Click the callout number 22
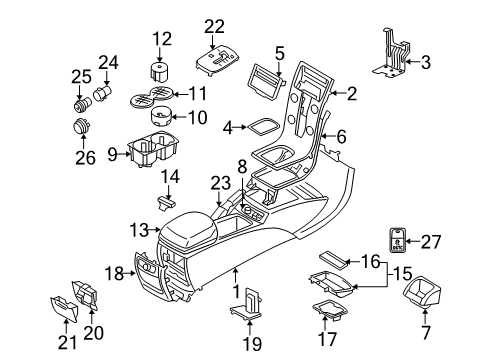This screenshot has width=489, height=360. [x=214, y=26]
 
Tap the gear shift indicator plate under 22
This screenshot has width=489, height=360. [x=218, y=61]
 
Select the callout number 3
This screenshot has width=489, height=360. [x=426, y=62]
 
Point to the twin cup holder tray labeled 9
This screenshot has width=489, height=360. [x=154, y=149]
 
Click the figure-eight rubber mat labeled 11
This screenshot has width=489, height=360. [x=152, y=96]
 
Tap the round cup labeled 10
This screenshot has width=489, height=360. [x=161, y=116]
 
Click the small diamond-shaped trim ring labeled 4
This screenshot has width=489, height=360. [x=263, y=127]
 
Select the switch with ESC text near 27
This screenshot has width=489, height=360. [x=398, y=240]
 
